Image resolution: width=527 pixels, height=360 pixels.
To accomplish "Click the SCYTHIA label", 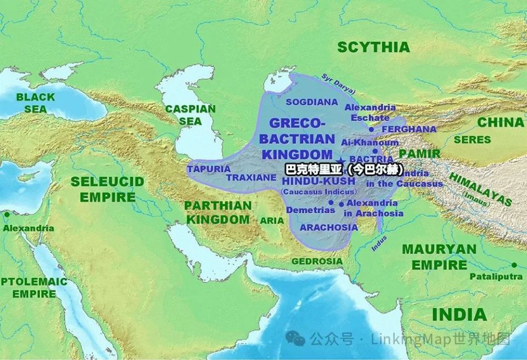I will tap(373, 47).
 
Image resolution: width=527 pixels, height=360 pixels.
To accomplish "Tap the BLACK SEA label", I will tap(35, 103).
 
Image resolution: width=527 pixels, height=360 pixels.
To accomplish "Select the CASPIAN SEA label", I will tap(190, 115).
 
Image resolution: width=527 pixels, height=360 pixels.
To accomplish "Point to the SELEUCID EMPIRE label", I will tap(107, 189).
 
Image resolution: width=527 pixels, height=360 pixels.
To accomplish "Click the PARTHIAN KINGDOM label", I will tap(217, 212).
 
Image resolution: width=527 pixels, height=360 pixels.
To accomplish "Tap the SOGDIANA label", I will tap(311, 102).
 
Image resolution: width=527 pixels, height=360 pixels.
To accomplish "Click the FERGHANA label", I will tap(409, 130).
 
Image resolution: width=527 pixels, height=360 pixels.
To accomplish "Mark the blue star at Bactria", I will tap(338, 160).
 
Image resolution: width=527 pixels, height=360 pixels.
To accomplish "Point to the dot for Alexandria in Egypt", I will tap(7, 215).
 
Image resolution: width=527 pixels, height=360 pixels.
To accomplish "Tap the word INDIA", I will tap(459, 315).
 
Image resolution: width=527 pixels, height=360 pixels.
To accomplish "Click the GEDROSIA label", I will tap(317, 261).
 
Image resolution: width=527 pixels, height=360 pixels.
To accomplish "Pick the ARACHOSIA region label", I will tap(329, 227).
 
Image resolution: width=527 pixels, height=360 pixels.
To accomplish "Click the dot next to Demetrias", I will tap(331, 203).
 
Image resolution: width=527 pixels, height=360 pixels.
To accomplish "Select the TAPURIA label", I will tap(209, 169).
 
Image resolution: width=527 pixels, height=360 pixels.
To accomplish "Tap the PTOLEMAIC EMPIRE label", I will tap(34, 288).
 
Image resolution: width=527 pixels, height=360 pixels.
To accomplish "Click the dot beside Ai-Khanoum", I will tap(375, 151).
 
